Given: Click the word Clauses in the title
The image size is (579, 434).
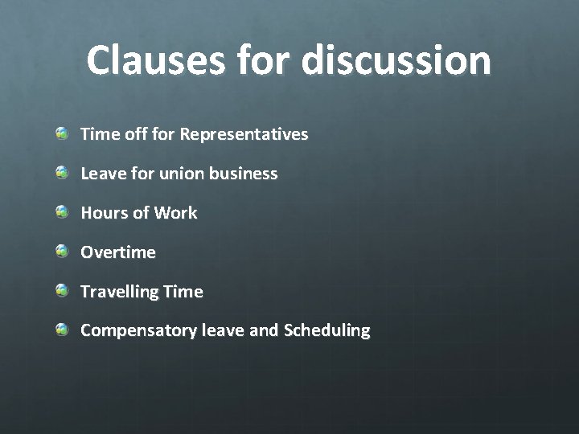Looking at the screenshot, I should click(x=151, y=60).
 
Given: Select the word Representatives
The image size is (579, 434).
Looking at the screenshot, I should click(x=244, y=134).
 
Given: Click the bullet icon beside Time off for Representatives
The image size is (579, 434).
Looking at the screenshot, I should click(x=62, y=133).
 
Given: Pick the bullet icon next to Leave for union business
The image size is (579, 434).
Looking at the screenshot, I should click(x=62, y=173).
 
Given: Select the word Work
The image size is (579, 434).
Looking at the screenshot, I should click(x=176, y=213).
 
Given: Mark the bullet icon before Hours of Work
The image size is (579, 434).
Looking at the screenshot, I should click(x=62, y=212).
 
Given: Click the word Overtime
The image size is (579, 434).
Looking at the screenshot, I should click(x=118, y=252).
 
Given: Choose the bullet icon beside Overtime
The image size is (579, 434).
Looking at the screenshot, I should click(x=62, y=252).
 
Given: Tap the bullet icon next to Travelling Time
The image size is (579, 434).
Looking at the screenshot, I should click(x=62, y=291).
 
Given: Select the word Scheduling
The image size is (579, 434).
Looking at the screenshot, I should click(x=326, y=330).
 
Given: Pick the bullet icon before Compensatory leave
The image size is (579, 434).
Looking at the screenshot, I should click(x=62, y=330).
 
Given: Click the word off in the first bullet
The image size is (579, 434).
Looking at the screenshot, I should click(x=132, y=134).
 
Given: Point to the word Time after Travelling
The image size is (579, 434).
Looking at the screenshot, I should click(x=183, y=292).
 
